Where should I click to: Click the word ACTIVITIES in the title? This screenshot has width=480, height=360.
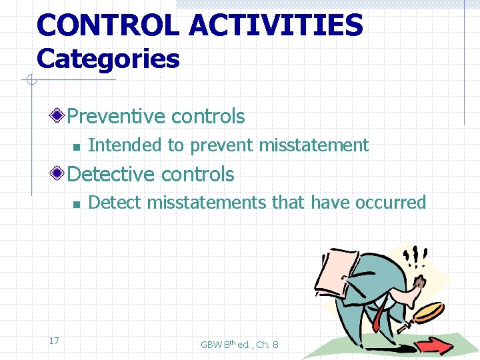[275, 25]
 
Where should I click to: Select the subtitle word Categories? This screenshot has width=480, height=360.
[108, 59]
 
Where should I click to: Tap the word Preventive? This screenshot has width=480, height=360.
[117, 116]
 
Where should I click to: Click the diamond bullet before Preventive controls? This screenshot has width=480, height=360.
[59, 117]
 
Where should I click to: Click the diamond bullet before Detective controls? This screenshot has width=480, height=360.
[59, 175]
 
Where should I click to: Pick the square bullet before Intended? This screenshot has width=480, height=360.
[77, 146]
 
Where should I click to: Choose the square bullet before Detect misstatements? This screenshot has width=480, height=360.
[77, 203]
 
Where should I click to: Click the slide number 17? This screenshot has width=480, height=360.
[54, 341]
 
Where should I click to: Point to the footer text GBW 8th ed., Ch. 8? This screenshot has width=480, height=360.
[239, 344]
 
